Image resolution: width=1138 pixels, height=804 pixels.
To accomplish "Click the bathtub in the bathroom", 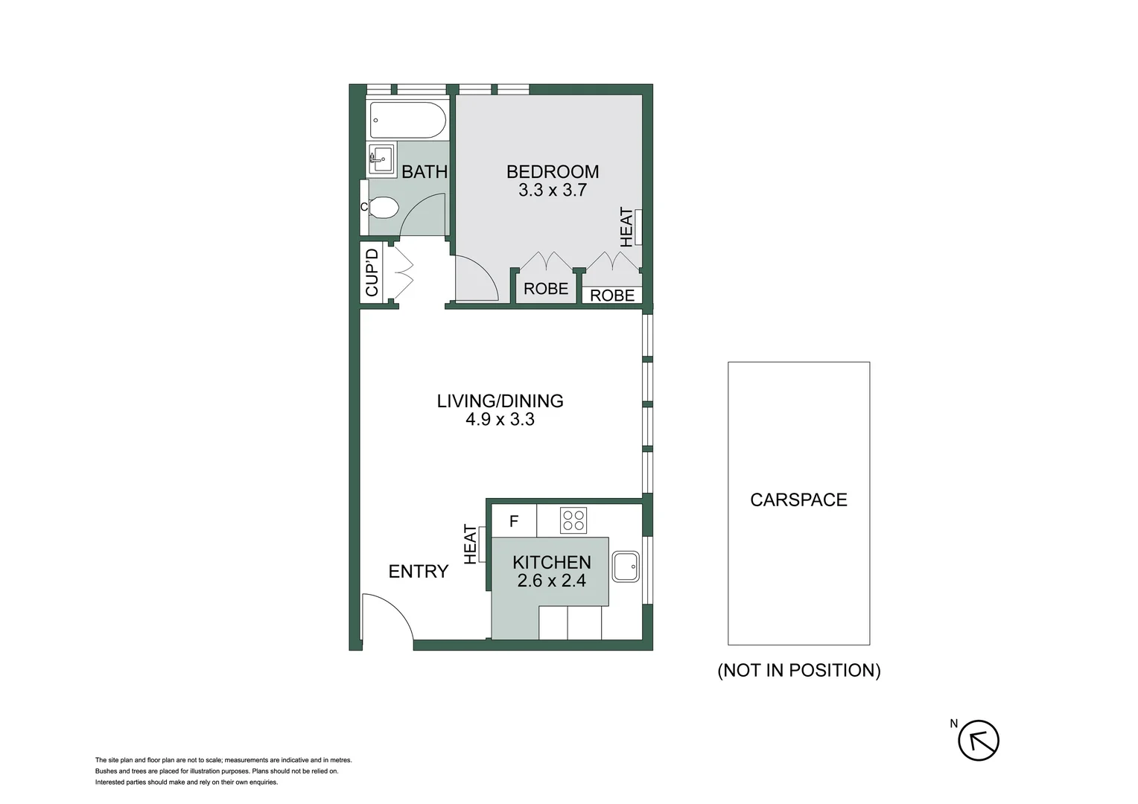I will [407, 119].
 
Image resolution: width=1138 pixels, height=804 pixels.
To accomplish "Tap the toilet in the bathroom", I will [384, 207].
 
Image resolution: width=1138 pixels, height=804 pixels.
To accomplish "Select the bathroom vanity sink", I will [382, 159].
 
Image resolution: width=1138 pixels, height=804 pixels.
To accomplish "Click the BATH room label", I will [425, 172].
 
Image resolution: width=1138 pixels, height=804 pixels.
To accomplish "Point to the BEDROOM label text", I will [553, 172].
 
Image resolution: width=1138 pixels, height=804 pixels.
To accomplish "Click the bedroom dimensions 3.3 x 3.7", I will [553, 191].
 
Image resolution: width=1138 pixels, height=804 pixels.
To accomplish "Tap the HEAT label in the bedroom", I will [626, 227].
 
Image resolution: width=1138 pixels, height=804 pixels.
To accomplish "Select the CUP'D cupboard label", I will [372, 272].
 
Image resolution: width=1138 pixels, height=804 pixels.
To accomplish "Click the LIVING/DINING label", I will [500, 401].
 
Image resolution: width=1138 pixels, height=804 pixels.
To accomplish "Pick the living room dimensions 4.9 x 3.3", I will [500, 420].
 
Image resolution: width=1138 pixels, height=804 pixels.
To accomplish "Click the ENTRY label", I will [419, 572].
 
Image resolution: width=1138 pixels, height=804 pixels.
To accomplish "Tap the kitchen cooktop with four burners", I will [573, 520].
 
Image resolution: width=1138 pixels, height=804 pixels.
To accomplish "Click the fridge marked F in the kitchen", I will [514, 521].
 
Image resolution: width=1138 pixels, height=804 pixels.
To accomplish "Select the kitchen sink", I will [626, 567].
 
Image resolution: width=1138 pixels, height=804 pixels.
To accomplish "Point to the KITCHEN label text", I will [552, 563].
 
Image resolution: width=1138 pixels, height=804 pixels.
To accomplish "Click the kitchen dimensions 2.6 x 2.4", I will [552, 581].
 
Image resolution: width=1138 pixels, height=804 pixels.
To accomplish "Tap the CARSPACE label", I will [798, 500].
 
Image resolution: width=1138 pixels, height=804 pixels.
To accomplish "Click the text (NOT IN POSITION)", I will [799, 671].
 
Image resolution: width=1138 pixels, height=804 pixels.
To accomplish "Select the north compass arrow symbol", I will [978, 741].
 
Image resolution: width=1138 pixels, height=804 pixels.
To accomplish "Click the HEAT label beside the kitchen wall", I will [470, 544].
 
